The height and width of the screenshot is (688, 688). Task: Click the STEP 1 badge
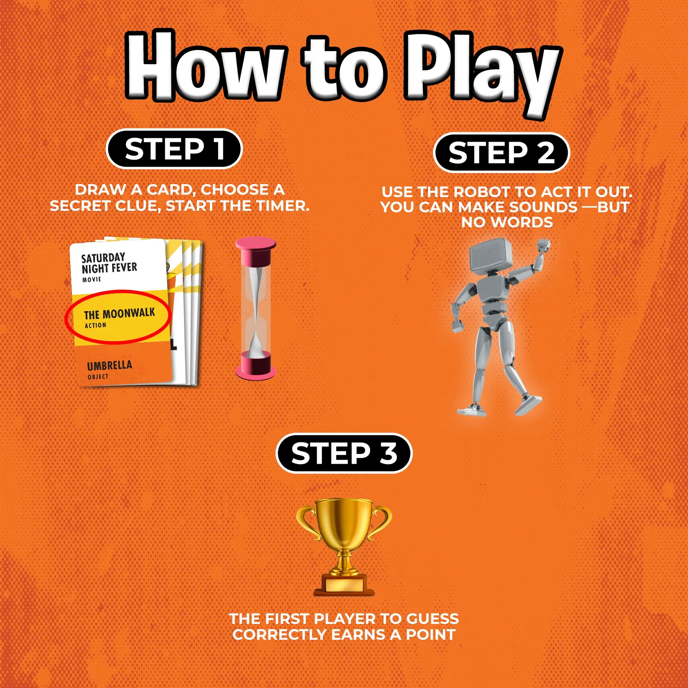tap(174, 149)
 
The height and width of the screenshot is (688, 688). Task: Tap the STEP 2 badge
tap(502, 152)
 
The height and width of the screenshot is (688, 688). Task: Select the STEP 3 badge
tap(344, 453)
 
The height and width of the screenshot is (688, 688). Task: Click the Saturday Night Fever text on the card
tap(109, 263)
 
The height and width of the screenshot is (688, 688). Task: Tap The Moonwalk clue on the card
tap(120, 314)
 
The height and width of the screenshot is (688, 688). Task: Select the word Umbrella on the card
tap(110, 366)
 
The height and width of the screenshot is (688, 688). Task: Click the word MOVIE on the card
tap(92, 280)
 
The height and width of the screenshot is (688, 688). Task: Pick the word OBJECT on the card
tap(98, 376)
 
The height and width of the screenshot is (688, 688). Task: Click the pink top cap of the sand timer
tap(255, 244)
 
